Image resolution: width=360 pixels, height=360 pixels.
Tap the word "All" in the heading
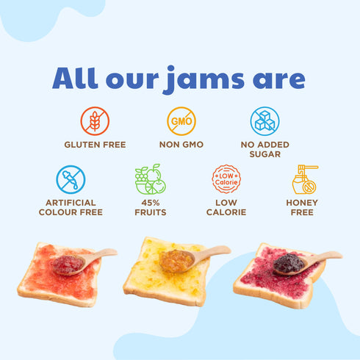80,79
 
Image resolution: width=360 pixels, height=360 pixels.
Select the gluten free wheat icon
95,120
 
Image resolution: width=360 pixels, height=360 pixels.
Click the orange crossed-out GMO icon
181,120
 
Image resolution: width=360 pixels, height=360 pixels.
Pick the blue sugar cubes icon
265,120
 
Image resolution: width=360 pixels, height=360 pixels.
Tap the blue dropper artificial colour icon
71,179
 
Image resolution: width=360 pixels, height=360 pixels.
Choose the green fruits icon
151,179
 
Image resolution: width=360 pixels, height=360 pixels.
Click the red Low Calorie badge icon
226,179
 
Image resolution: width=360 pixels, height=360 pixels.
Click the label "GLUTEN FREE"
95,145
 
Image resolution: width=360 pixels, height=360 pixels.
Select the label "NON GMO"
181,145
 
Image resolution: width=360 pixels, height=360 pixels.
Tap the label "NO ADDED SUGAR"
265,150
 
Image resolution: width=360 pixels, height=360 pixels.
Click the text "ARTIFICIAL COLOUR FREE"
71,207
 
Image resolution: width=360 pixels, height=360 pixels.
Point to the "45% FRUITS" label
151,207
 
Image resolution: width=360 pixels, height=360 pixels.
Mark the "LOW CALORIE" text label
226,207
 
